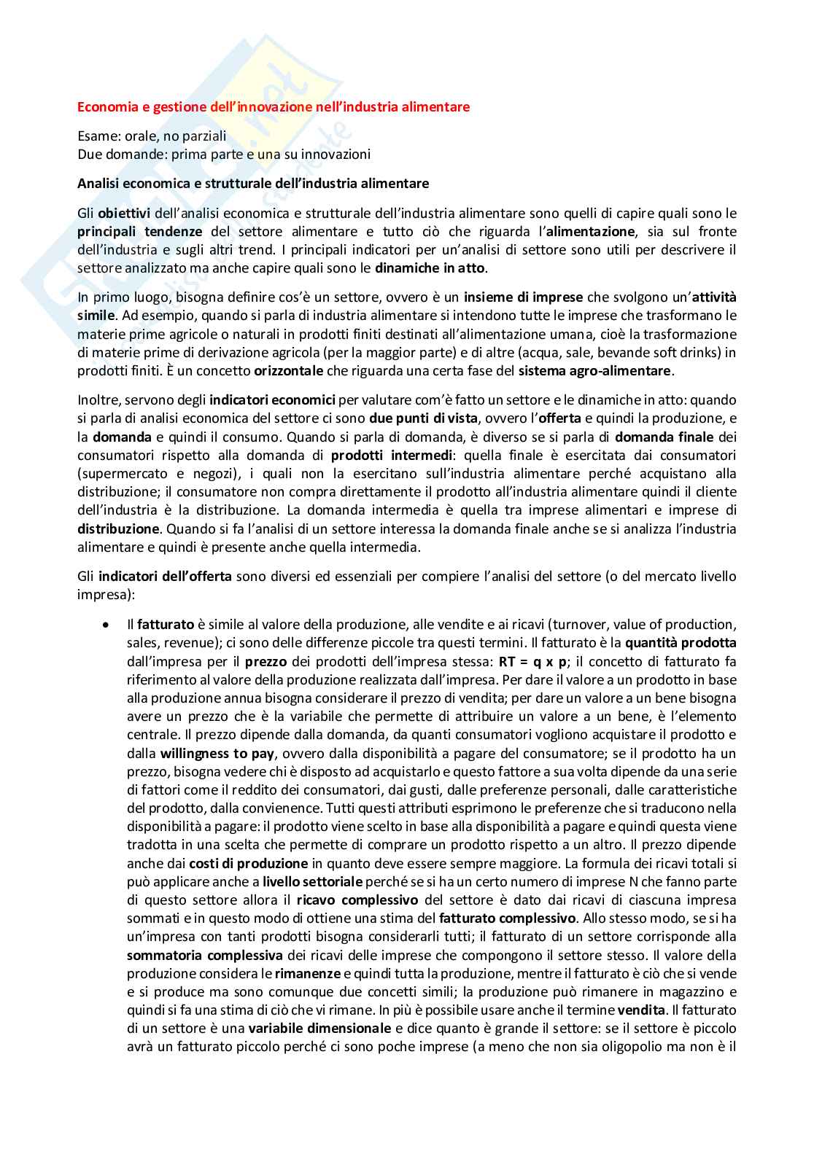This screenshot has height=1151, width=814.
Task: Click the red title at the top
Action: (274, 107)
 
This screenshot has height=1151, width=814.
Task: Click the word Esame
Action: (96, 136)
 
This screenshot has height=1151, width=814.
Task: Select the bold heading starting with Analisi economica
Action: (253, 184)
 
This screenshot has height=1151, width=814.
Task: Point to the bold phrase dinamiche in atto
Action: (430, 268)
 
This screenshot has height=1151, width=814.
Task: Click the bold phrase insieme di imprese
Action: (523, 297)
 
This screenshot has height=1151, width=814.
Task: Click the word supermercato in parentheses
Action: (115, 474)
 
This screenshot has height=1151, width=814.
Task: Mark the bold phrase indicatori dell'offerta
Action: (165, 577)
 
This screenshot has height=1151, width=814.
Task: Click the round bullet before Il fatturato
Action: (106, 625)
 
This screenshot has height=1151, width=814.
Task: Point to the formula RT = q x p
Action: (532, 662)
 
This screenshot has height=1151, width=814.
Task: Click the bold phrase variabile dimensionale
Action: (319, 1029)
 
